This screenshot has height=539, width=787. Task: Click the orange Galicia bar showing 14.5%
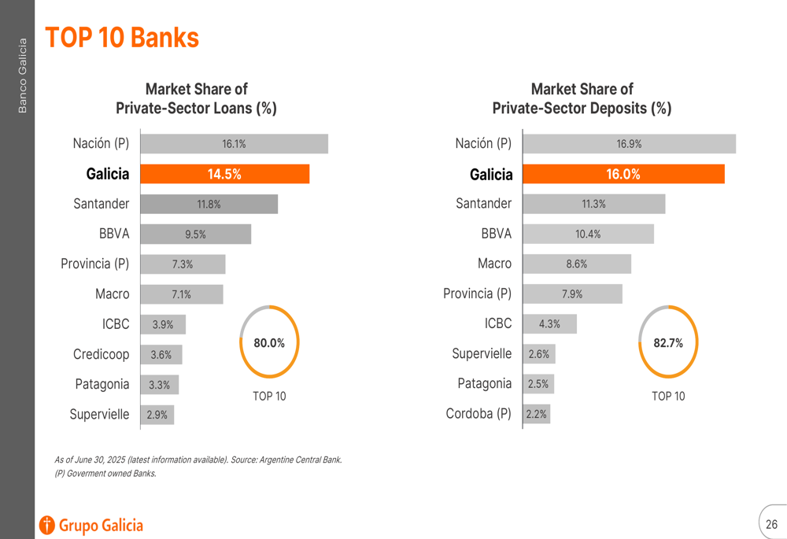pyautogui.click(x=224, y=174)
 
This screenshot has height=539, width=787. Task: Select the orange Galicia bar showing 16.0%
pyautogui.click(x=623, y=174)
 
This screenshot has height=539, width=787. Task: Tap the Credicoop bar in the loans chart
pyautogui.click(x=161, y=355)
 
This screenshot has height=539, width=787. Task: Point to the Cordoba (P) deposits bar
pyautogui.click(x=537, y=414)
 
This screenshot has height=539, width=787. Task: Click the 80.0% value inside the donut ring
pyautogui.click(x=269, y=343)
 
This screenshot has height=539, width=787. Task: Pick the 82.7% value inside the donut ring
pyautogui.click(x=668, y=343)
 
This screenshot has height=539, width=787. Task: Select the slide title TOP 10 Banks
pyautogui.click(x=122, y=37)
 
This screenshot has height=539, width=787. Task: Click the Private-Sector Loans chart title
pyautogui.click(x=196, y=99)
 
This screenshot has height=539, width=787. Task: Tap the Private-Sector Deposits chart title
pyautogui.click(x=582, y=99)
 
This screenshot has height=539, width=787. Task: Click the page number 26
pyautogui.click(x=771, y=524)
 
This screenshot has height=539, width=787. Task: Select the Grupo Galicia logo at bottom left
pyautogui.click(x=91, y=525)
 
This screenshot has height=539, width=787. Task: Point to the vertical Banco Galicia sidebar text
pyautogui.click(x=22, y=76)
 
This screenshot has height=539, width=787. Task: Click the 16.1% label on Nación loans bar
pyautogui.click(x=234, y=144)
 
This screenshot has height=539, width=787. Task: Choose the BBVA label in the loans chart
pyautogui.click(x=114, y=234)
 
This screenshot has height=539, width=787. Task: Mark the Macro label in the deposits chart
pyautogui.click(x=494, y=264)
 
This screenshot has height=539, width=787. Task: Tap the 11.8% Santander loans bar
pyautogui.click(x=209, y=205)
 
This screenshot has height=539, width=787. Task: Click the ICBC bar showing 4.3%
pyautogui.click(x=549, y=323)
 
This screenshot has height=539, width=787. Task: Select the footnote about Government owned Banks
pyautogui.click(x=105, y=474)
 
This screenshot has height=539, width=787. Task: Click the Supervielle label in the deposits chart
pyautogui.click(x=482, y=354)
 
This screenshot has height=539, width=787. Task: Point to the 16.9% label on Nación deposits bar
pyautogui.click(x=629, y=144)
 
